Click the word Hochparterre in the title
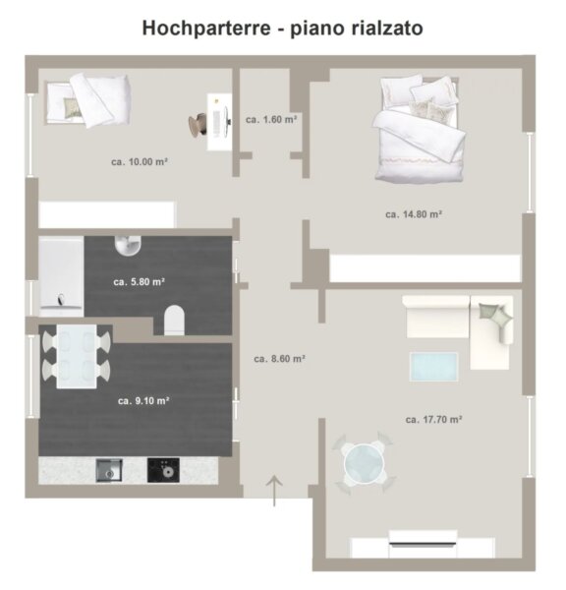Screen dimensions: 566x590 pos(206,29)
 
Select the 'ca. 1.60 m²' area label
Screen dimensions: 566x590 pos(271,120)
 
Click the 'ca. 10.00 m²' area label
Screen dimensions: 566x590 pos(140,162)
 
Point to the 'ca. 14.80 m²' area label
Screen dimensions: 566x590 pos(414,214)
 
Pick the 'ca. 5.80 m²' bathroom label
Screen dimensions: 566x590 pos(140,282)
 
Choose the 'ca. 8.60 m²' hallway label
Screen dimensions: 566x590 pos(279,359)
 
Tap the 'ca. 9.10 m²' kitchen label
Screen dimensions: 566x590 pos(143,401)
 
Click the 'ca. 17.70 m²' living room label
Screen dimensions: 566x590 pos(433,420)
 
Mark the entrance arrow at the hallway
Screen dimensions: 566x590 pos(274,491)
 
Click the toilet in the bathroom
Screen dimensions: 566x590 pos(175,321)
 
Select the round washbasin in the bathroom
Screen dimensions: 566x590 pos(128,246)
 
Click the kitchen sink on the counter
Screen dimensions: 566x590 pos(109,470)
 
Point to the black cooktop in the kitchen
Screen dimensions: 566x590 pos(163,470)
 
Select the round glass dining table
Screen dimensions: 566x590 pos(364,463)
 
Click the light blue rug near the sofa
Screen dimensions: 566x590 pos(433,367)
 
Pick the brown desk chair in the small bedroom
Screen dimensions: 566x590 pos(198,124)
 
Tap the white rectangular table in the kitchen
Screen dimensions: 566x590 pos(77,356)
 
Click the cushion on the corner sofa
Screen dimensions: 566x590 pos(495,316)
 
